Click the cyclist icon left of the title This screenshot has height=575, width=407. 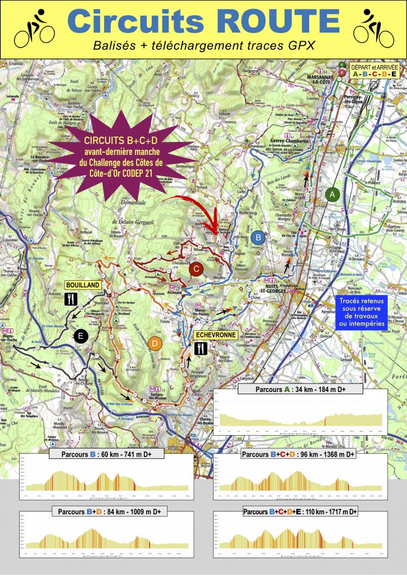click(x=34, y=28)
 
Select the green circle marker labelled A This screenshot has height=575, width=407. click(x=333, y=194)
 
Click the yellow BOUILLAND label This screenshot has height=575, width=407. click(x=83, y=285)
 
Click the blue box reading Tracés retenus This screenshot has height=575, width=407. click(x=363, y=312)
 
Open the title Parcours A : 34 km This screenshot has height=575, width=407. click(x=301, y=389)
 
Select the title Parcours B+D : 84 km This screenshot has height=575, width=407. click(x=106, y=512)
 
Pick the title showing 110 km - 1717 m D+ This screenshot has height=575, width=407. click(x=300, y=512)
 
